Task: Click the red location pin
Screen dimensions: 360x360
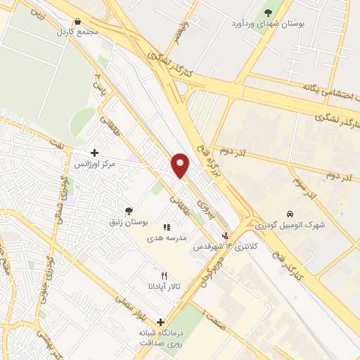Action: [x=181, y=165]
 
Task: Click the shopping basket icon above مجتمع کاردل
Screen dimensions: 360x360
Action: [x=77, y=22]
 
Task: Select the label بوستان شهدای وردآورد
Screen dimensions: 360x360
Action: [x=268, y=23]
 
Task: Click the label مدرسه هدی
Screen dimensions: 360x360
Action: [x=167, y=238]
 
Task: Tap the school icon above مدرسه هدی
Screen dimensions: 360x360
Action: [x=167, y=227]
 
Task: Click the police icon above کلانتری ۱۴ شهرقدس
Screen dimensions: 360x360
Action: [x=225, y=236]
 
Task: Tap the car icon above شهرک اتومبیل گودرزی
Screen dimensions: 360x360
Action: [x=289, y=214]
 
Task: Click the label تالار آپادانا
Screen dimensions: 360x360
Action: [x=164, y=287]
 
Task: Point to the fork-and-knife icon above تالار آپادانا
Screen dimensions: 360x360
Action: [x=164, y=276]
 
